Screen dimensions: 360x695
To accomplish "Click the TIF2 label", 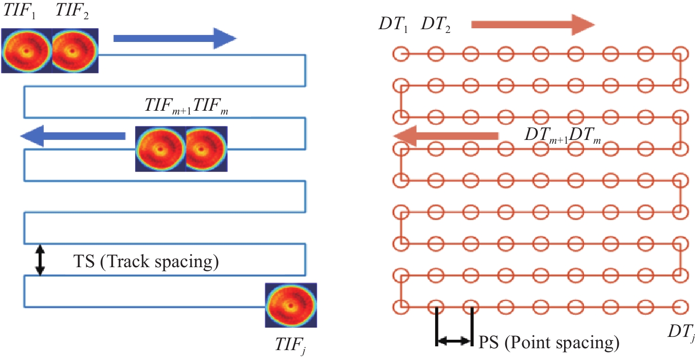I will [71, 12].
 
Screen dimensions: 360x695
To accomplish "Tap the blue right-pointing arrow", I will [174, 38].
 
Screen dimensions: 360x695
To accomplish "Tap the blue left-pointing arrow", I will [73, 136].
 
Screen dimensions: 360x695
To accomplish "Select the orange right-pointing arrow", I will [533, 25].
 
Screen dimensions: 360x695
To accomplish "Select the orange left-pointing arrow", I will [445, 136].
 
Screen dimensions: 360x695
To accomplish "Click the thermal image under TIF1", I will [26, 50].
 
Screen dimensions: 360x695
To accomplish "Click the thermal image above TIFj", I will [291, 305].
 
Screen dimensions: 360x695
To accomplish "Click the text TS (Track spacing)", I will [145, 260].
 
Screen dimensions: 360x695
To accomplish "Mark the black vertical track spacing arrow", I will [40, 260].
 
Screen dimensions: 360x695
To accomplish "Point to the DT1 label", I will [394, 25].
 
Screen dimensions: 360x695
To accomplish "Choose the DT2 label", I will [436, 25].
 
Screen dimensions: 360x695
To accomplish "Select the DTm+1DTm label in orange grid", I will [563, 136].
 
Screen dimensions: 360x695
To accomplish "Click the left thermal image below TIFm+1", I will [160, 149].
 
